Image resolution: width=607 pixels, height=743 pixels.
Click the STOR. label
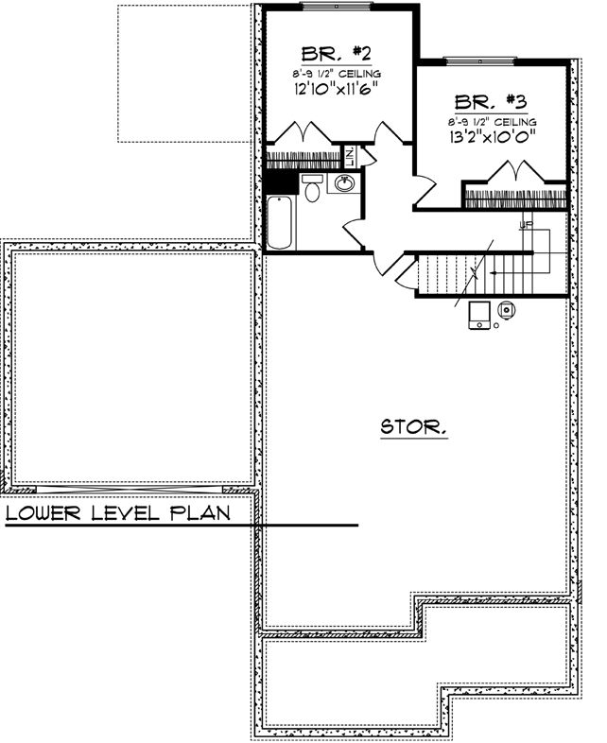pyautogui.click(x=414, y=427)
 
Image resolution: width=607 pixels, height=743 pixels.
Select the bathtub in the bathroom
pyautogui.click(x=282, y=222)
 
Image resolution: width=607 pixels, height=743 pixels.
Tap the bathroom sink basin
pyautogui.click(x=342, y=184)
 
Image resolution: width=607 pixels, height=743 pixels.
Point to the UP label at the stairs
pyautogui.click(x=527, y=224)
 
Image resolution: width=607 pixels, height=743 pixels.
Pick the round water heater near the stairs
pyautogui.click(x=506, y=308)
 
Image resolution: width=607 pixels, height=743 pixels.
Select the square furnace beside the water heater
pyautogui.click(x=479, y=315)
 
